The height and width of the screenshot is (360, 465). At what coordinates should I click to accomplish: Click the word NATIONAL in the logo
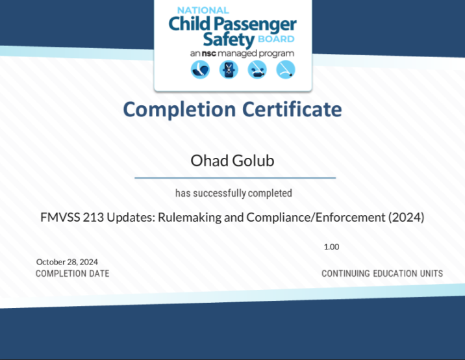[x=203, y=10]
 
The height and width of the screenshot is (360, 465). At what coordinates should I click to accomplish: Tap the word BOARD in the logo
[x=276, y=39]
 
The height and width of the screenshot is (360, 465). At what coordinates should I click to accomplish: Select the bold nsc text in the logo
[x=208, y=53]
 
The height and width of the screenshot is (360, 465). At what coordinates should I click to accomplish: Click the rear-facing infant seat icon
[x=200, y=70]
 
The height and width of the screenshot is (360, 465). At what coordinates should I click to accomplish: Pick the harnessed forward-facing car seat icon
[x=229, y=70]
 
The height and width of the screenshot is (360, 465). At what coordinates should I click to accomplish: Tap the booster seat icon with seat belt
[x=257, y=70]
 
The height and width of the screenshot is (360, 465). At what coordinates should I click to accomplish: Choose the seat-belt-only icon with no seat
[x=286, y=70]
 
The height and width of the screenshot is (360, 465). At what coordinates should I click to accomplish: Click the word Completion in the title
[x=179, y=110]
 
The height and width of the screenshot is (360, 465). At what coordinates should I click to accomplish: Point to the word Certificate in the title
[x=292, y=109]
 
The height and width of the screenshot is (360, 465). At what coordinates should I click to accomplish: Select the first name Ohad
[x=209, y=161]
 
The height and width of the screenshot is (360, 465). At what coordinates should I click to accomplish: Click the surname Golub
[x=253, y=161]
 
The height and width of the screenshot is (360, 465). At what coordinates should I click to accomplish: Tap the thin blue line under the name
[x=235, y=178]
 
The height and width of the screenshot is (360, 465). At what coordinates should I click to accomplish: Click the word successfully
[x=220, y=194]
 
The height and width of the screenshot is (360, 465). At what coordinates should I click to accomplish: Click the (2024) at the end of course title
[x=407, y=218]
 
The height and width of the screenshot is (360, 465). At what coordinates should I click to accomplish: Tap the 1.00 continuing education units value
[x=332, y=247]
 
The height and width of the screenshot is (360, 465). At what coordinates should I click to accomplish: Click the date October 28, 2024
[x=67, y=262]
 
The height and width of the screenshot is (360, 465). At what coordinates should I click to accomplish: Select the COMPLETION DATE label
[x=72, y=274]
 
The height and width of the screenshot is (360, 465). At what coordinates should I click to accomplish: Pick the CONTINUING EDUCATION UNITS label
[x=383, y=274]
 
